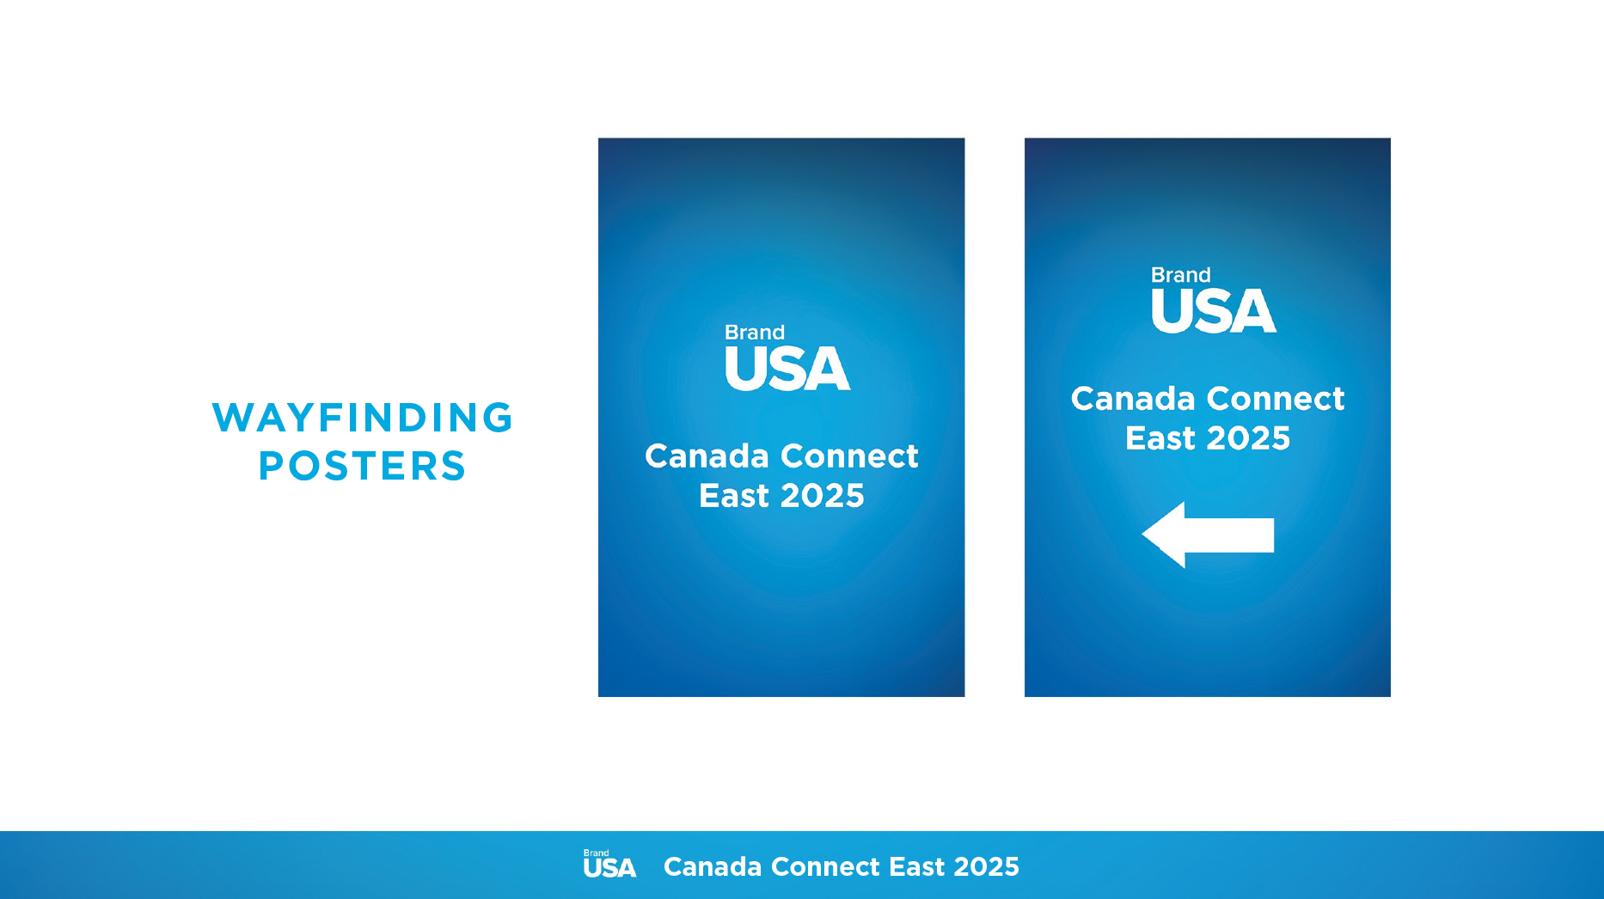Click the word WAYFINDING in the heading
tap(362, 418)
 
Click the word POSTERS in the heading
tap(362, 466)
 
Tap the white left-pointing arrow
tap(1208, 535)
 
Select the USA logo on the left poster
tap(787, 369)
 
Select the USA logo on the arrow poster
tap(1214, 311)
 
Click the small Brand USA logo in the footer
tap(609, 865)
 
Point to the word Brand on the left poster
tap(755, 333)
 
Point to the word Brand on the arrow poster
tap(1181, 275)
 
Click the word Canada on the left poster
tap(707, 456)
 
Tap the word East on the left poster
tap(733, 496)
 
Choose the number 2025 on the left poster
tap(822, 496)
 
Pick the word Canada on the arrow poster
tap(1133, 399)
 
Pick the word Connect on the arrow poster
tap(1276, 399)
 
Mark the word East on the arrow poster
tap(1160, 438)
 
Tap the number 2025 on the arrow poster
tap(1248, 438)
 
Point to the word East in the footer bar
tap(916, 866)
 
